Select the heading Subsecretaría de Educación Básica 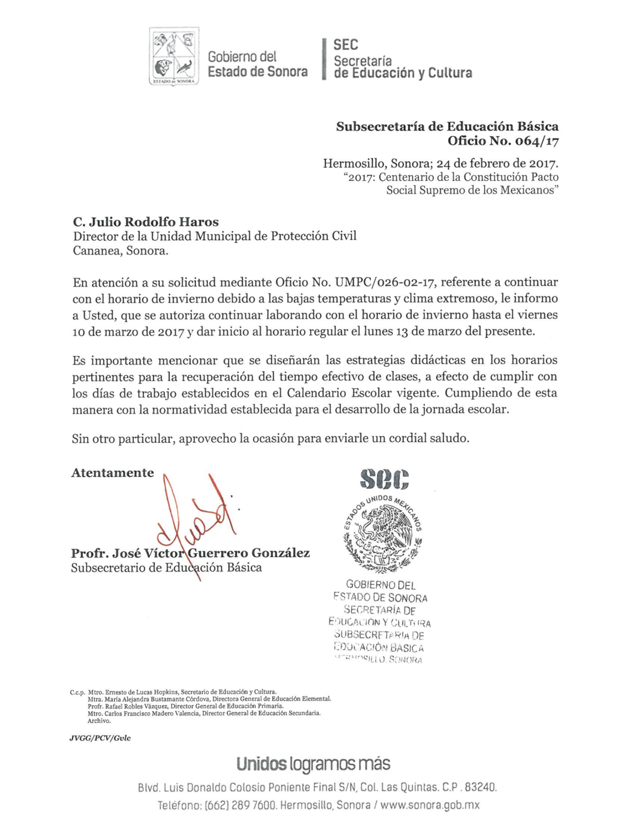click(447, 126)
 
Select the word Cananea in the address click(96, 251)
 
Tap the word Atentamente click(113, 473)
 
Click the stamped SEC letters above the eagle click(384, 479)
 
